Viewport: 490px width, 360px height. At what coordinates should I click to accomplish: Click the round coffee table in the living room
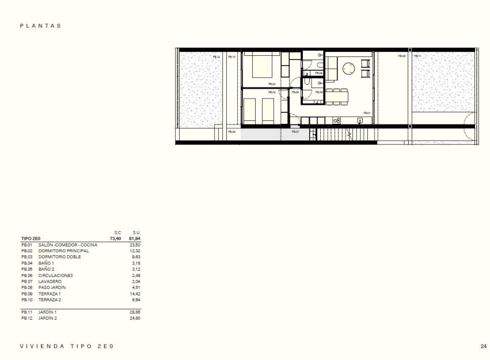pos(348,69)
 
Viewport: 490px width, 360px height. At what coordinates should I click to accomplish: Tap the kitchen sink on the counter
pos(360,120)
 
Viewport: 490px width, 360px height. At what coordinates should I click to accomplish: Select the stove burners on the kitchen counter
pos(337,120)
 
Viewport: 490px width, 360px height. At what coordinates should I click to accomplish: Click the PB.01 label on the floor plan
pos(366,113)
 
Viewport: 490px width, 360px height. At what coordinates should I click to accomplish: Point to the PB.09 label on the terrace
pos(401,56)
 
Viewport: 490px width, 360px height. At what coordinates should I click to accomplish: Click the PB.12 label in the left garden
pos(216,56)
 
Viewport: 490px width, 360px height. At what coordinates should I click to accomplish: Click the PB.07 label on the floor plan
pos(295,132)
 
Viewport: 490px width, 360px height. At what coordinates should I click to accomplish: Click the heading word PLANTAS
pos(40,26)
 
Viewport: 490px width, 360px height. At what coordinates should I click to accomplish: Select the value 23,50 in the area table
pos(135,245)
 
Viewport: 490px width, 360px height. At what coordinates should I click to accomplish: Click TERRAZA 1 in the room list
pos(50,294)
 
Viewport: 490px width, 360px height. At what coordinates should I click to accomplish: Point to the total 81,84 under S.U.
pos(135,238)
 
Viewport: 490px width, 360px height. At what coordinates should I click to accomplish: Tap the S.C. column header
pos(117,232)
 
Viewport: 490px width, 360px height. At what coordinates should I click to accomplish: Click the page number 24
pos(483,346)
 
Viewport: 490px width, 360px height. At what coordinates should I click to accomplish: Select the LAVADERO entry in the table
pos(50,282)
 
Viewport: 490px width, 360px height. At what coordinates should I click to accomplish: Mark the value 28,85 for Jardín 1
pos(135,312)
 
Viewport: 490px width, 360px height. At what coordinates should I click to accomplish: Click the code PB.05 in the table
pos(26,270)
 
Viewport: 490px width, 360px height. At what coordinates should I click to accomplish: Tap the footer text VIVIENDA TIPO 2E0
pos(68,346)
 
